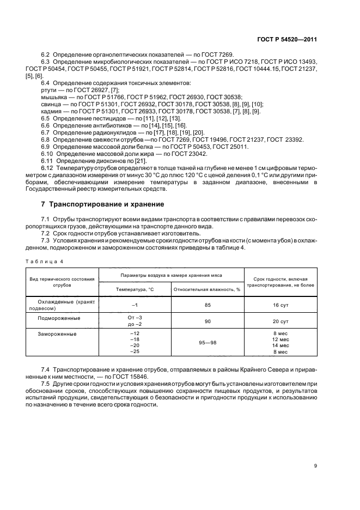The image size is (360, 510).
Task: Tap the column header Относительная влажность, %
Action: (207, 289)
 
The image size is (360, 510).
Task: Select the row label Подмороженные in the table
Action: (58, 318)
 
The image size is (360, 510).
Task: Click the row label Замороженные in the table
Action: (57, 333)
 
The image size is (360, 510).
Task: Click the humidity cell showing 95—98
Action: (208, 343)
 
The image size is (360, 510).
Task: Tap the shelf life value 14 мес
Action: (280, 345)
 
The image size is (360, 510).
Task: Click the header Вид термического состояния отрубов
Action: (62, 282)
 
